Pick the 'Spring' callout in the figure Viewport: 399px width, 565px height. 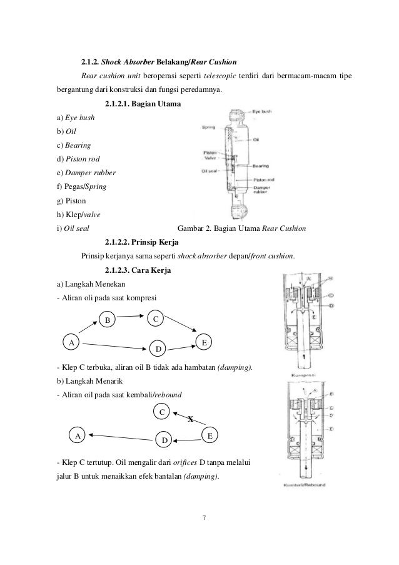click(208, 127)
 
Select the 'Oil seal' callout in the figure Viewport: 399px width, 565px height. click(210, 169)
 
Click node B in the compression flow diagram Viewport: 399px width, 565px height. click(107, 320)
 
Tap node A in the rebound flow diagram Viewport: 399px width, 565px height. click(78, 435)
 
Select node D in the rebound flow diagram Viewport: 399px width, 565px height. click(164, 440)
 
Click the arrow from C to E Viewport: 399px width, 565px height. click(184, 328)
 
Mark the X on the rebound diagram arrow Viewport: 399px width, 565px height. click(190, 419)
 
